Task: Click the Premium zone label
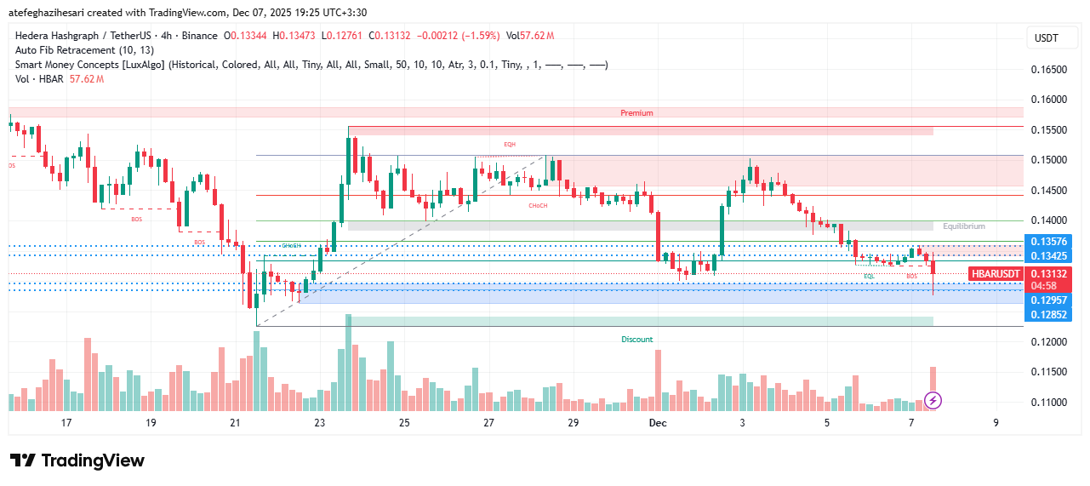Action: tap(636, 112)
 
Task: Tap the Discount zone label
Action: tap(636, 340)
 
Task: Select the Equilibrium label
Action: tap(963, 226)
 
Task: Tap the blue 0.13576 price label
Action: tap(1047, 242)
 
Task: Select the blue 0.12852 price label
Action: tap(1047, 315)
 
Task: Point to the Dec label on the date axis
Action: tap(657, 423)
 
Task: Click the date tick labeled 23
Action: tap(319, 423)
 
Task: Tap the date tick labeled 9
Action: tap(996, 423)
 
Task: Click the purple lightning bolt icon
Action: tap(933, 399)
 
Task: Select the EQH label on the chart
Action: tap(510, 145)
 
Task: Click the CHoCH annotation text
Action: tap(538, 205)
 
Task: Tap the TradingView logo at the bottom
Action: tap(77, 460)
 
